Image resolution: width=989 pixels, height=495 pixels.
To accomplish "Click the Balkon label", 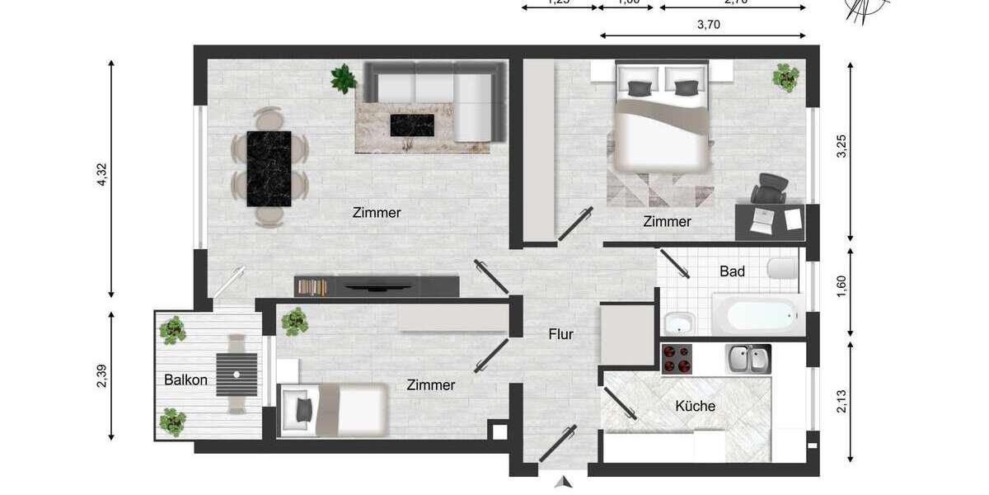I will click(x=185, y=380).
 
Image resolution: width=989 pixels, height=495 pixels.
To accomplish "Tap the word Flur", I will click(x=560, y=334).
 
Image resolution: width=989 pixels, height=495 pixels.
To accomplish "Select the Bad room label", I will click(x=732, y=271).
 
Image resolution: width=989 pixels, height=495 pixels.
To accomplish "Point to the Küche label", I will click(x=695, y=406).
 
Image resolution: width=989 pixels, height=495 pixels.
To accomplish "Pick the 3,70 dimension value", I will click(x=709, y=24).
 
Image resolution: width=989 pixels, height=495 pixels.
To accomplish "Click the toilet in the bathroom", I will click(x=782, y=269).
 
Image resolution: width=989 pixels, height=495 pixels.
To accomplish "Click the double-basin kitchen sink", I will click(x=748, y=358).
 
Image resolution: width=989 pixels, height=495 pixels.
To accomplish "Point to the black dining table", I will click(x=270, y=168).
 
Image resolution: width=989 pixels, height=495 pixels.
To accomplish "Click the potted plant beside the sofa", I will click(x=343, y=78).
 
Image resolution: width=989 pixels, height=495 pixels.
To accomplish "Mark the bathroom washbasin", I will click(x=678, y=323).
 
